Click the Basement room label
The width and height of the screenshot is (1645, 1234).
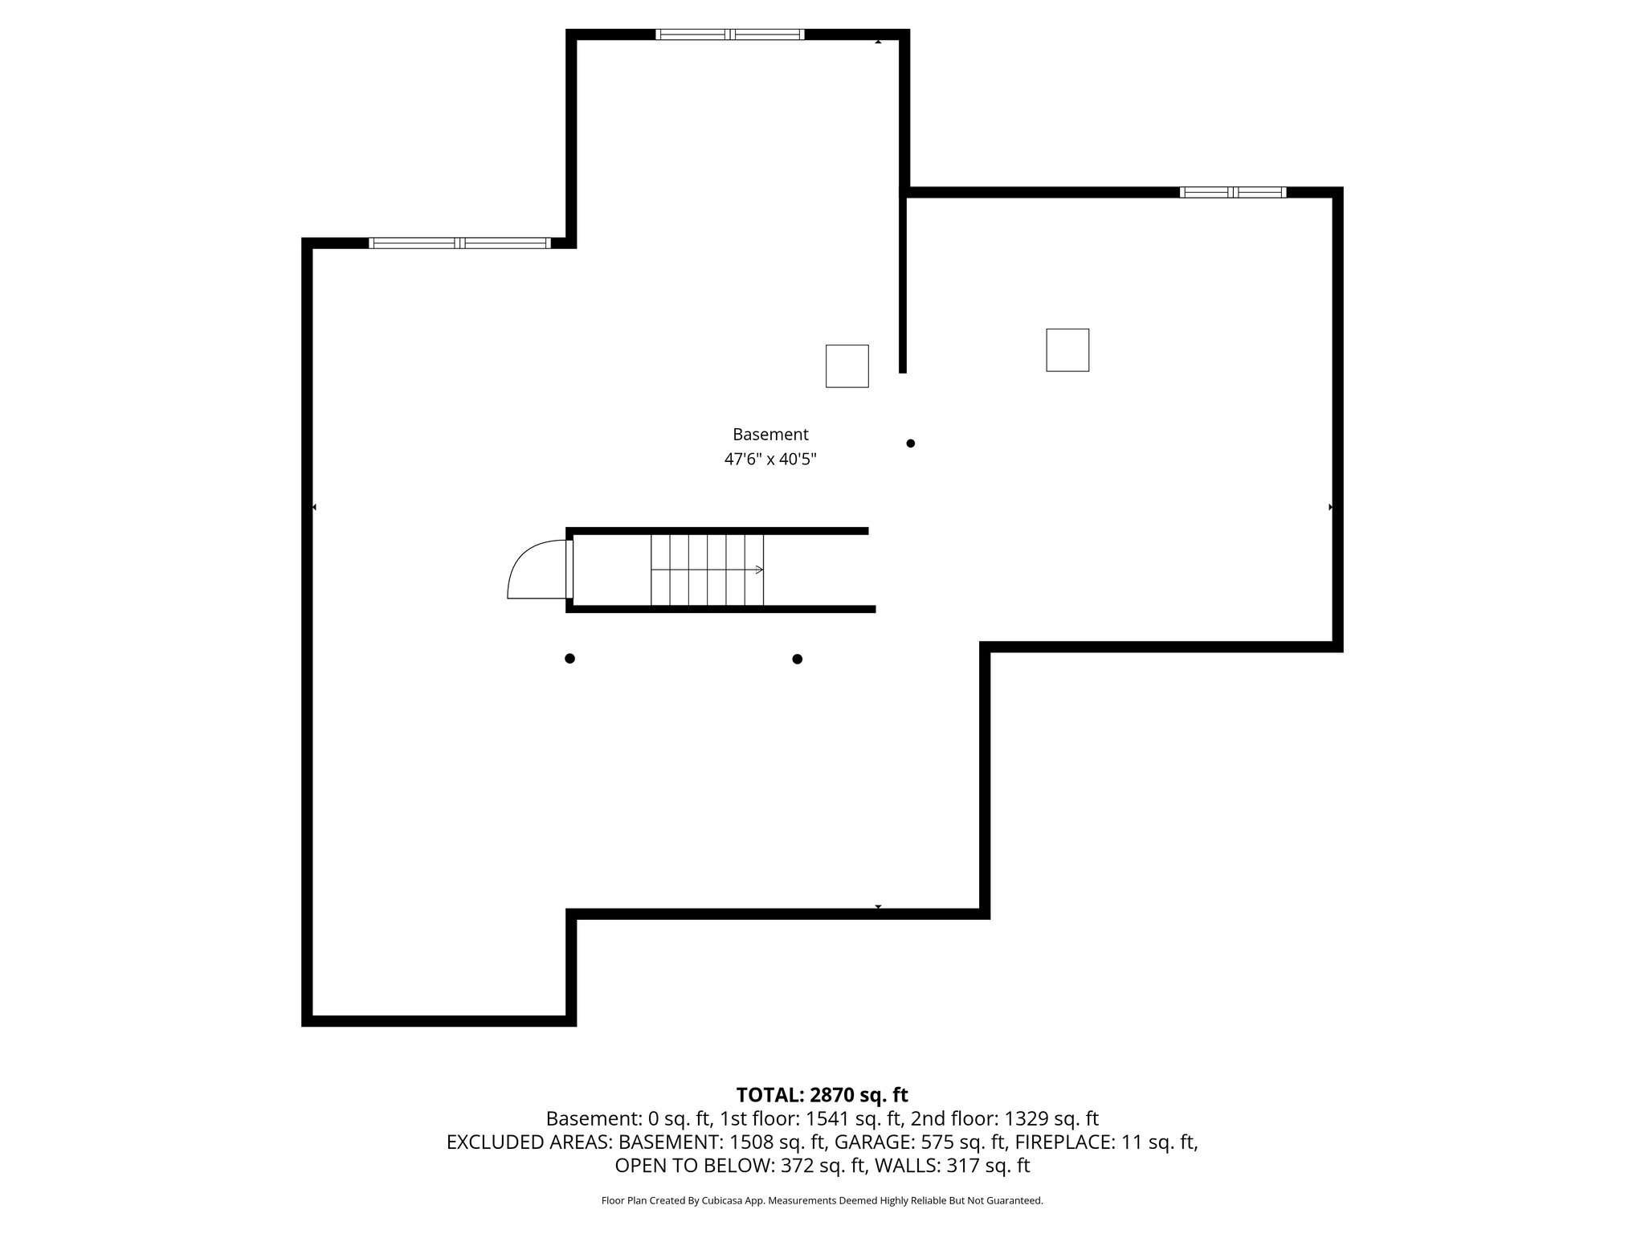[770, 435]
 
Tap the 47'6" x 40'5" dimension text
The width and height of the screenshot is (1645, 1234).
[770, 460]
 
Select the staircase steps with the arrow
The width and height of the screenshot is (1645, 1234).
[707, 570]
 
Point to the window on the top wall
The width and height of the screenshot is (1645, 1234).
[729, 35]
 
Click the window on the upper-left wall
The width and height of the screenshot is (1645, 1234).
[459, 243]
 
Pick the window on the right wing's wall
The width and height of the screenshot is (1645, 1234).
[1232, 192]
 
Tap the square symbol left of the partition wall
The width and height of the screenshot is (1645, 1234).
[847, 366]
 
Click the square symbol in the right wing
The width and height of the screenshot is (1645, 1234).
[1067, 350]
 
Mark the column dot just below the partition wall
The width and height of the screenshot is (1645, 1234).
[910, 443]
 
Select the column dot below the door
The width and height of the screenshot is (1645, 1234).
[569, 659]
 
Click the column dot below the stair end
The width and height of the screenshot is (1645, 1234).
[797, 660]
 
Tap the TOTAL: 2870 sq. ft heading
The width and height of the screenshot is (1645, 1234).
[822, 1095]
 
